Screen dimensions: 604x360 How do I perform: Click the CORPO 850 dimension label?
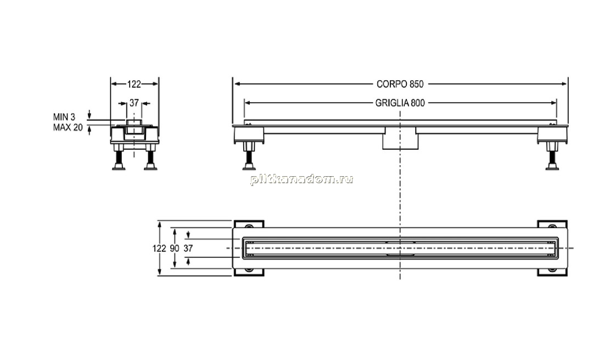400,84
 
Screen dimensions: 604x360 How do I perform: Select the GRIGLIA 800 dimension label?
400,103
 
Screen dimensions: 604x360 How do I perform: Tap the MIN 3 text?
64,117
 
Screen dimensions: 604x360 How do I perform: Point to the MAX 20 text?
68,127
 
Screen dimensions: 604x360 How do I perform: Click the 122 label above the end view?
134,84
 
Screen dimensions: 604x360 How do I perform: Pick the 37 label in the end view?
134,103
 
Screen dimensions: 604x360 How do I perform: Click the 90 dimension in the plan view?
175,249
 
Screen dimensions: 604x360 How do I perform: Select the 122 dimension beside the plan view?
159,249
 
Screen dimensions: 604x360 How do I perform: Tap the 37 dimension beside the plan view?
188,249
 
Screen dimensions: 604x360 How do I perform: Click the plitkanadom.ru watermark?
301,179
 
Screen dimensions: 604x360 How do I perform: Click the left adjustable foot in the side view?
249,156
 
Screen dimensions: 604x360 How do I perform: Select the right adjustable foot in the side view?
552,156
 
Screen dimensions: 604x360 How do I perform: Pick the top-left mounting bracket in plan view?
249,226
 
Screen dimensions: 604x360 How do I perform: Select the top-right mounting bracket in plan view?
552,226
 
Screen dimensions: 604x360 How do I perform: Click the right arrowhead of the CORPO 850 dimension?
564,84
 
